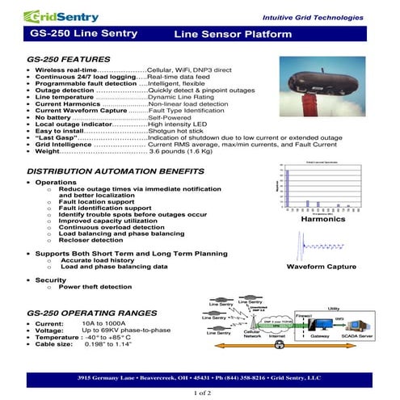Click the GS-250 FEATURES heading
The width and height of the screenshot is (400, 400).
click(69, 60)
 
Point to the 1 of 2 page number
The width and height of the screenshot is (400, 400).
click(200, 392)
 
